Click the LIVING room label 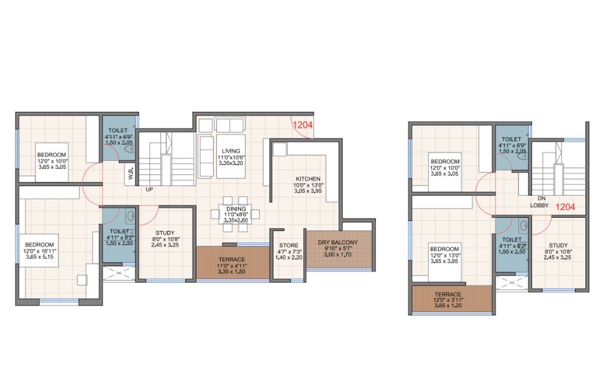pyautogui.click(x=231, y=151)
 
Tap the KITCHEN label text pyautogui.click(x=308, y=179)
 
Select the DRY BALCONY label pyautogui.click(x=337, y=243)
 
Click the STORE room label pyautogui.click(x=288, y=245)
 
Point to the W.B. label pyautogui.click(x=131, y=173)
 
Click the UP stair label pyautogui.click(x=149, y=189)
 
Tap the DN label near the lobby pyautogui.click(x=541, y=198)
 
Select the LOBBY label pyautogui.click(x=539, y=205)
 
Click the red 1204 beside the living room pyautogui.click(x=303, y=125)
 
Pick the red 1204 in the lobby pyautogui.click(x=566, y=207)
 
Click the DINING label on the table pyautogui.click(x=236, y=209)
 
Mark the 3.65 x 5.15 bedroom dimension pyautogui.click(x=40, y=256)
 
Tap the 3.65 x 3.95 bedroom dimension pyautogui.click(x=444, y=261)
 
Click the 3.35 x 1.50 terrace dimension pyautogui.click(x=231, y=271)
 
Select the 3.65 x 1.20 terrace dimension pyautogui.click(x=448, y=305)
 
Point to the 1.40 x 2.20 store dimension pyautogui.click(x=288, y=257)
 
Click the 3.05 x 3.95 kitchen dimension pyautogui.click(x=308, y=191)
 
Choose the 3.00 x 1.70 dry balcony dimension pyautogui.click(x=337, y=255)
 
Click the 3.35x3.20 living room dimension pyautogui.click(x=231, y=163)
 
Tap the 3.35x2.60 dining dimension pyautogui.click(x=236, y=220)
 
